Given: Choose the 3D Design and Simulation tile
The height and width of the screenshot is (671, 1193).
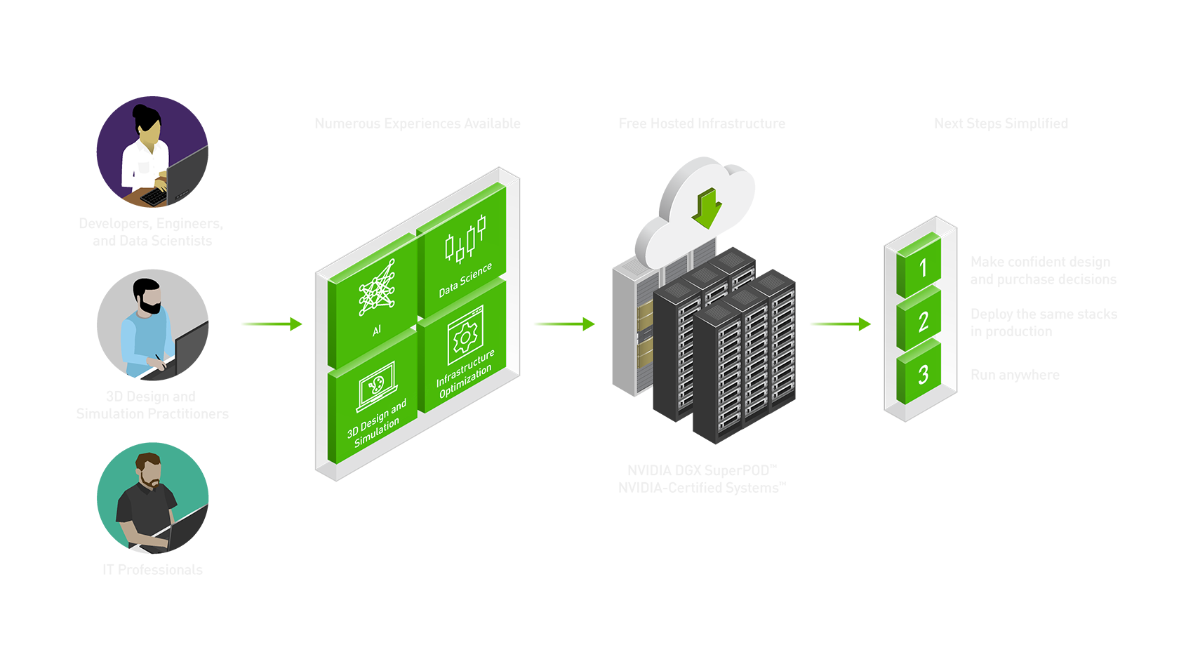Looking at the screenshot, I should (x=375, y=404).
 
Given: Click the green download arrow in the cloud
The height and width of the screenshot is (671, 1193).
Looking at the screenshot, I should (x=707, y=208).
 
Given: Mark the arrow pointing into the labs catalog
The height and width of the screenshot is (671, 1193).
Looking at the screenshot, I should (x=272, y=324).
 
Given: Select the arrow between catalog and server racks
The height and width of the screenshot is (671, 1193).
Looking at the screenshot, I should (x=564, y=324).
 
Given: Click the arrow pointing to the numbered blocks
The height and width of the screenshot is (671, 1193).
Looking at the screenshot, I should (x=840, y=324).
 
